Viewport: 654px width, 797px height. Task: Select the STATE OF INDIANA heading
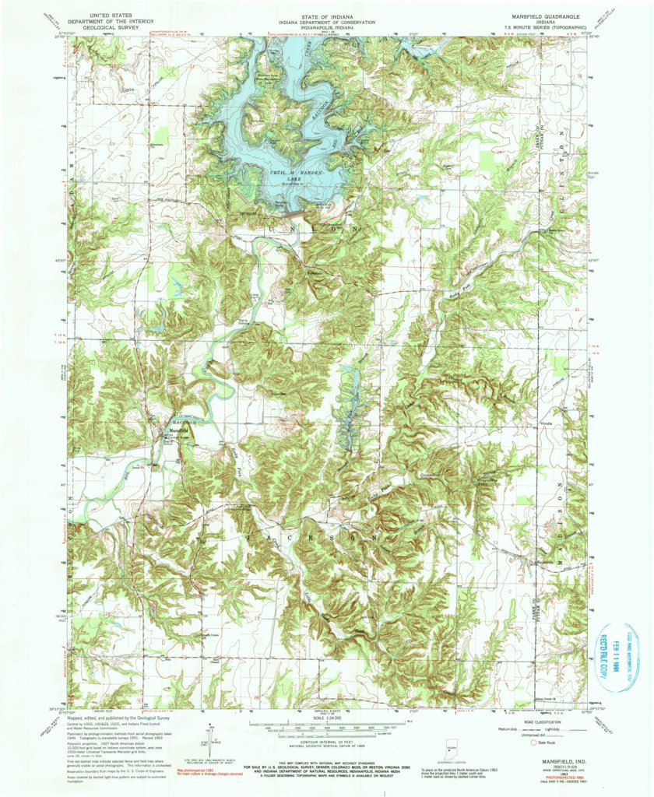click(x=326, y=9)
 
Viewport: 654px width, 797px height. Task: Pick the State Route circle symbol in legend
click(x=534, y=742)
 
